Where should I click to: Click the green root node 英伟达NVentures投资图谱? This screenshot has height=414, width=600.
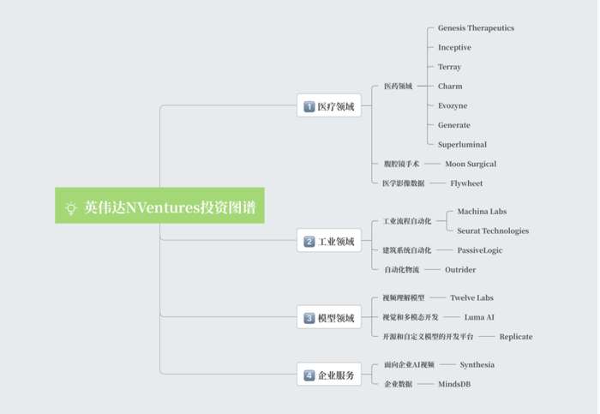click(x=159, y=206)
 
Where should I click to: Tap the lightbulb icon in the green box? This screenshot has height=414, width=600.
click(x=71, y=207)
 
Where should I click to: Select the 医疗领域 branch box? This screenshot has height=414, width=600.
click(x=329, y=105)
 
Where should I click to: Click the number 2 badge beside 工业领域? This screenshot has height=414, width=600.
click(x=309, y=242)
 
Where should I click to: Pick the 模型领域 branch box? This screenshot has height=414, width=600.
click(x=329, y=317)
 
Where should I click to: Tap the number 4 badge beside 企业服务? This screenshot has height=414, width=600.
click(x=309, y=375)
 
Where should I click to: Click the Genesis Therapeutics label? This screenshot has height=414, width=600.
click(x=476, y=28)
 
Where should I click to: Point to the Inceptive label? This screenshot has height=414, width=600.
click(x=454, y=47)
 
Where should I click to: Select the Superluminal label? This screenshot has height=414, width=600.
click(x=462, y=144)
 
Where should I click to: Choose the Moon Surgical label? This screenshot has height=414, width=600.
click(x=471, y=164)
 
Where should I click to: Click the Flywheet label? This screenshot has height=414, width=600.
click(x=466, y=183)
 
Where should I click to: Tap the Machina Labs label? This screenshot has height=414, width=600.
click(x=482, y=211)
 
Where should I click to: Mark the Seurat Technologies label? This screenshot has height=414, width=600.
click(x=493, y=231)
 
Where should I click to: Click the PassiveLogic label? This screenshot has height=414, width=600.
click(x=480, y=250)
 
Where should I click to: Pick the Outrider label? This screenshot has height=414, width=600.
click(x=460, y=270)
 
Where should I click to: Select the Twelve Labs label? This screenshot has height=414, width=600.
click(x=471, y=297)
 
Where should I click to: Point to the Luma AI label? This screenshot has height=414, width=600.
click(x=479, y=317)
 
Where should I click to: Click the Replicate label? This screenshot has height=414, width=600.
click(x=516, y=337)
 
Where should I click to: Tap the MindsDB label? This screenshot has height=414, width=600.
click(x=454, y=384)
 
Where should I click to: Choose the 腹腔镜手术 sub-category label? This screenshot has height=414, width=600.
click(x=401, y=164)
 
